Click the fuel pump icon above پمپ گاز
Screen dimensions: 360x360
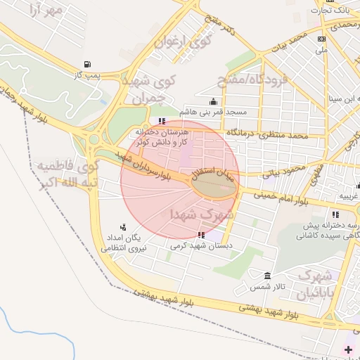86,64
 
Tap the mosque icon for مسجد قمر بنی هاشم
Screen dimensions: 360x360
214,101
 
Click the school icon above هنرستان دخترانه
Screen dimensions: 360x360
163,121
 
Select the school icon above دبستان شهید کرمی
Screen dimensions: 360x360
202,236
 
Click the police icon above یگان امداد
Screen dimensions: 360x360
124,226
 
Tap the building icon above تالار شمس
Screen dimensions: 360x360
266,275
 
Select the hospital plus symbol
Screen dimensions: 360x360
349,349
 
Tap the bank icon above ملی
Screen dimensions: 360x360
321,39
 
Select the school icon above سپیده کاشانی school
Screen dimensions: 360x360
335,214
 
